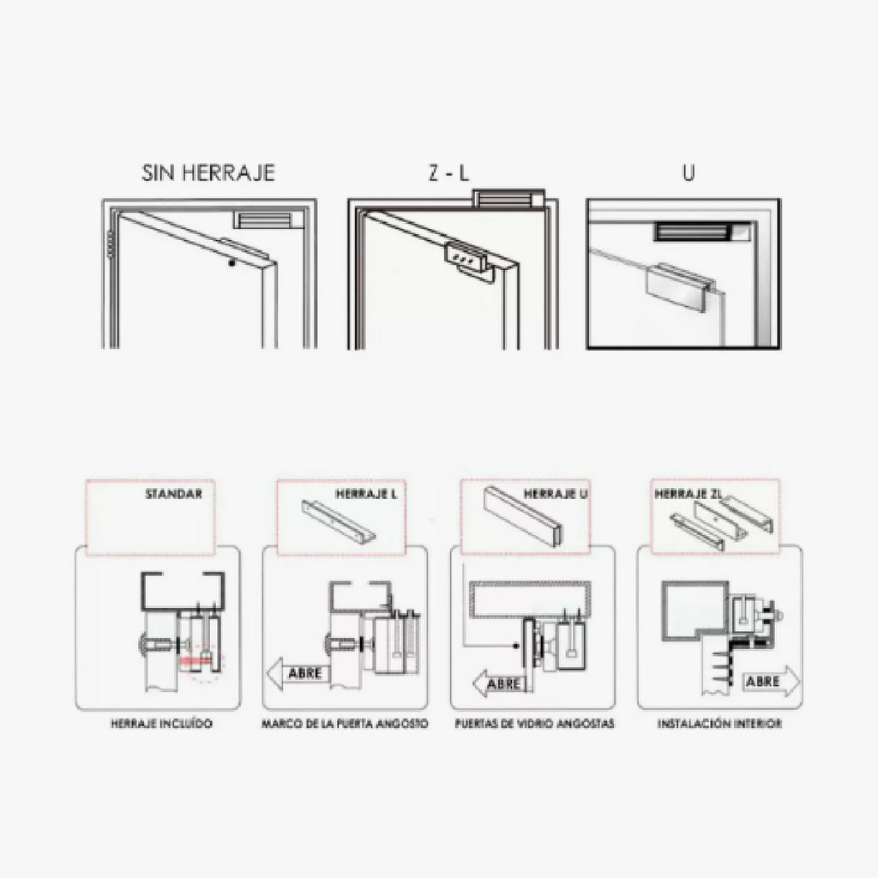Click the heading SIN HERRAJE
click(x=208, y=172)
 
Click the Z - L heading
click(x=448, y=173)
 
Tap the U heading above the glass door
click(x=689, y=172)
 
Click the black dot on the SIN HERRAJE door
click(x=232, y=262)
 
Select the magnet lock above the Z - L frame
click(x=508, y=199)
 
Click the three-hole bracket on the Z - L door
click(x=466, y=258)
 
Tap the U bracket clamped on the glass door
click(x=682, y=286)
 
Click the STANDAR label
click(x=173, y=494)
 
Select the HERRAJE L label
click(x=366, y=494)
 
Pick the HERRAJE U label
click(x=556, y=494)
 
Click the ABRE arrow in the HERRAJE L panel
click(x=297, y=673)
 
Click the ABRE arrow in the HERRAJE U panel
click(x=498, y=683)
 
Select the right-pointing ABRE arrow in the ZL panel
click(x=771, y=682)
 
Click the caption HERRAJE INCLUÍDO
click(x=161, y=724)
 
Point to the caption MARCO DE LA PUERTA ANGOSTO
click(x=345, y=724)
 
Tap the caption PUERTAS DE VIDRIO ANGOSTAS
click(x=534, y=724)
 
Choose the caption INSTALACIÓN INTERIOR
click(x=719, y=724)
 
